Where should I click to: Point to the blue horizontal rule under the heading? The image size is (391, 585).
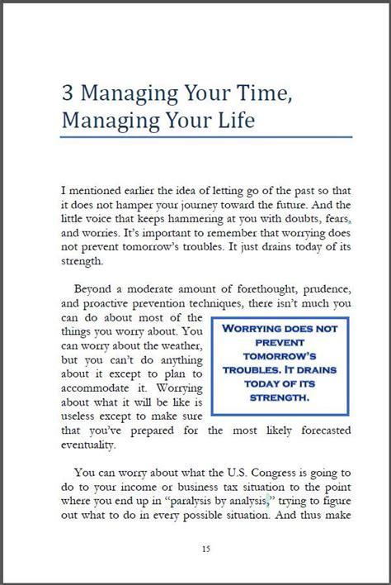click(206, 137)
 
